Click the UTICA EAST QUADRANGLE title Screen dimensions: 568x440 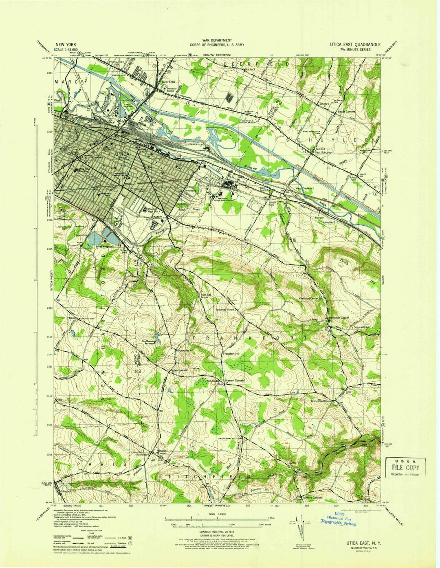tap(355, 44)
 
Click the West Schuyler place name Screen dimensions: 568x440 tap(323, 152)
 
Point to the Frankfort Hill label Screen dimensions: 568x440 tap(234, 354)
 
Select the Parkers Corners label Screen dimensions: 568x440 tap(312, 498)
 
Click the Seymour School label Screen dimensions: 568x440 tap(168, 89)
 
